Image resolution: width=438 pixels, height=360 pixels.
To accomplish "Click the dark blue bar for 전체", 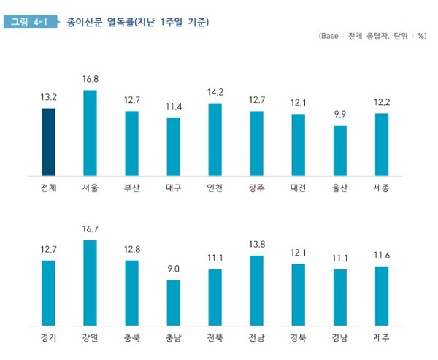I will click(48, 142).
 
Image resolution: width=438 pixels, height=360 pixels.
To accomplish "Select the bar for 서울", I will click(90, 133).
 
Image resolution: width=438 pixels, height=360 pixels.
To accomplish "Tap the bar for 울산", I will click(339, 150).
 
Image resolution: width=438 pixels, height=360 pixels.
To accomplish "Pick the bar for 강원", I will click(90, 283).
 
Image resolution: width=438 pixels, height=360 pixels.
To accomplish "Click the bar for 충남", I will click(173, 302).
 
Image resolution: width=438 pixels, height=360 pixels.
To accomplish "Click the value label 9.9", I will click(339, 115).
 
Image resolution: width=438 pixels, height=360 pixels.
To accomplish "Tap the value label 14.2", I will click(215, 93).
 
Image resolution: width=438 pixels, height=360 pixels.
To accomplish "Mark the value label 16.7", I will click(91, 229).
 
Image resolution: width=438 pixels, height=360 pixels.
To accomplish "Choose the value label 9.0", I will click(173, 269).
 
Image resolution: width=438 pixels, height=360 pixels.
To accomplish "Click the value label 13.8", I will click(256, 244).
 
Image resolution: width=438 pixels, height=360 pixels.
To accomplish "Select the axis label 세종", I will click(381, 188).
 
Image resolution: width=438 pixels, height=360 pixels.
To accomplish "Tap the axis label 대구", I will click(173, 188).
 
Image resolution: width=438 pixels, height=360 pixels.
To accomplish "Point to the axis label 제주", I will click(381, 338).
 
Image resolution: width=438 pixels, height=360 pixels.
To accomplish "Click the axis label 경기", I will click(48, 338).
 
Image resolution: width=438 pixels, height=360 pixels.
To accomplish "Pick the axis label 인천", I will click(215, 188).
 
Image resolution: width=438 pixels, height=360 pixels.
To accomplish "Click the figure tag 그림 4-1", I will click(30, 22).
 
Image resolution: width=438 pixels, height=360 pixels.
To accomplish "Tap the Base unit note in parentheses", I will click(372, 36).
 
